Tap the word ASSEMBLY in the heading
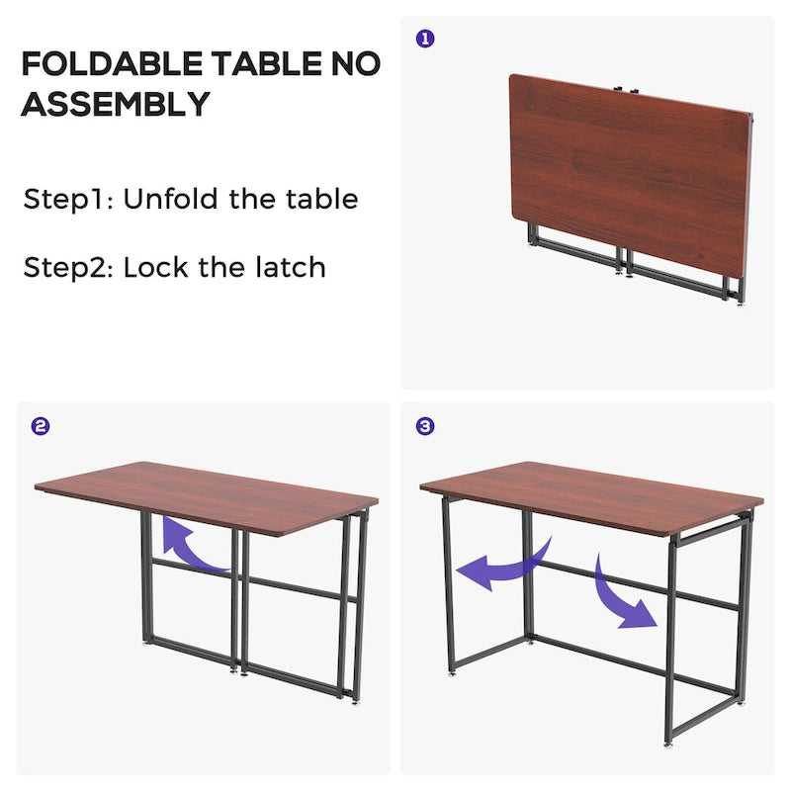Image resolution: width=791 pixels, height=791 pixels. pos(116,103)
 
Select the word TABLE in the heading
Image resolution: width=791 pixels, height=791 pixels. pos(262,64)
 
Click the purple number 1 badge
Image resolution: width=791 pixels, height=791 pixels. pos(424,39)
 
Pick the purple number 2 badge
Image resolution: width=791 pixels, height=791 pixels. pos(41,427)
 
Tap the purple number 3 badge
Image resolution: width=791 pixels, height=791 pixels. pos(424,427)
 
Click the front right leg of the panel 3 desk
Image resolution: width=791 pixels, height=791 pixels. pos(670,643)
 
